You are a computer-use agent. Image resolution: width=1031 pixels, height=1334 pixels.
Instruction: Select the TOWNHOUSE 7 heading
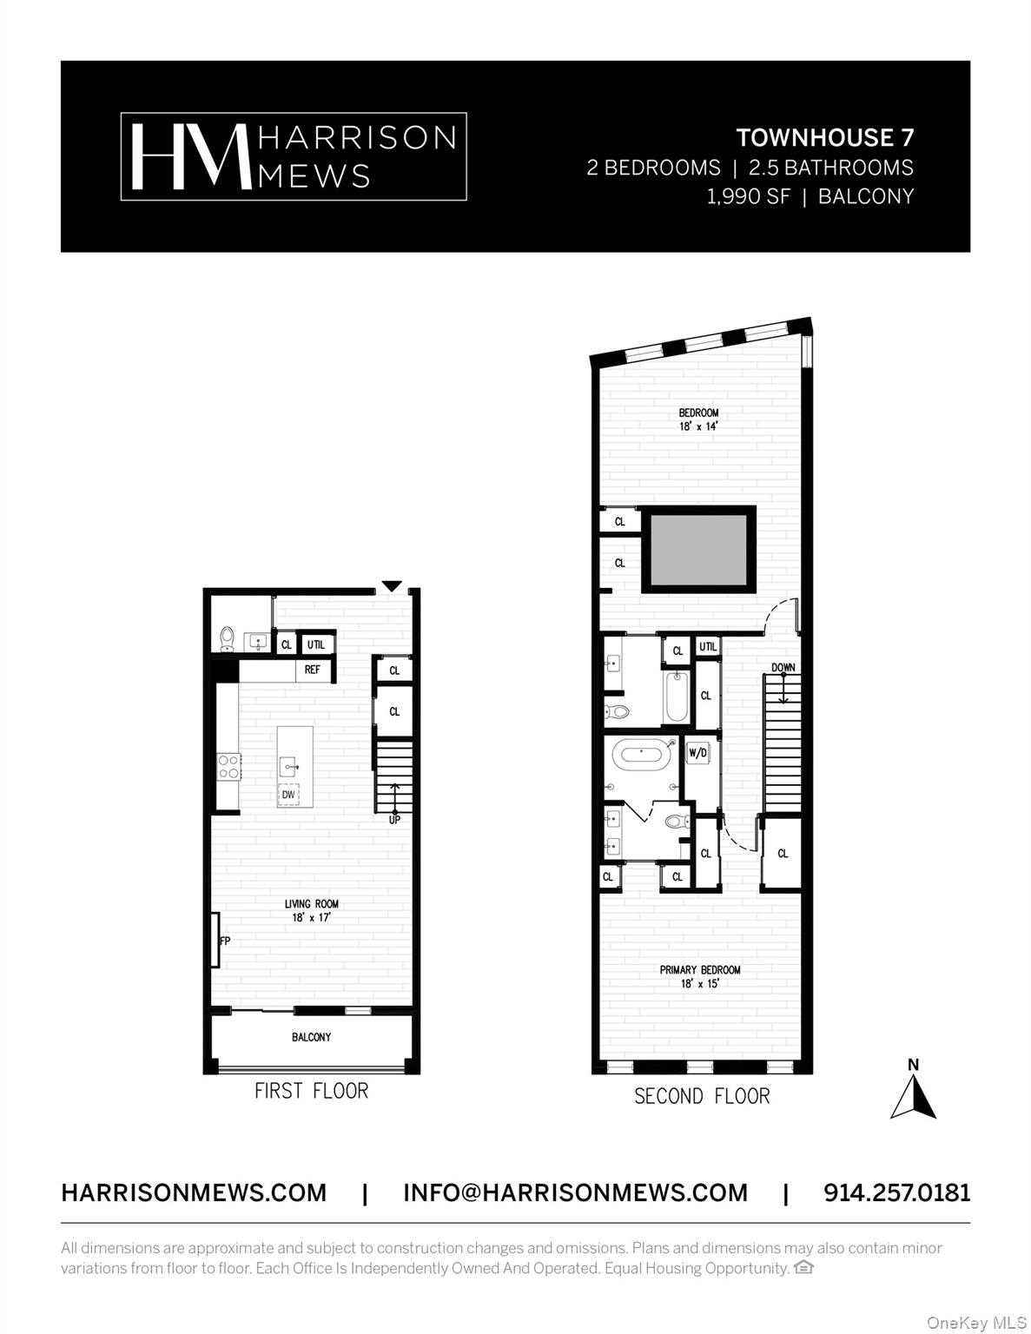(x=824, y=137)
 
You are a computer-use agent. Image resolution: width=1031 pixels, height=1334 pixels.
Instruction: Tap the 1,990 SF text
(x=748, y=196)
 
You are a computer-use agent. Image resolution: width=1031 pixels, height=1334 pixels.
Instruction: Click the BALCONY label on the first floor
(x=311, y=1037)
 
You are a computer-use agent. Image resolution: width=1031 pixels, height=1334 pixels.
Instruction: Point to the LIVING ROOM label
(x=312, y=904)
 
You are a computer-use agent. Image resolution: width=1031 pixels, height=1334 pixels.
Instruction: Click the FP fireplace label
(x=224, y=941)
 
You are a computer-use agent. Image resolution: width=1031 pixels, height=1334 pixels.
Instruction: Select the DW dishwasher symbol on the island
(x=288, y=795)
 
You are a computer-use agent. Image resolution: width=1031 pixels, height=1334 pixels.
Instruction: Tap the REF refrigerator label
(x=312, y=670)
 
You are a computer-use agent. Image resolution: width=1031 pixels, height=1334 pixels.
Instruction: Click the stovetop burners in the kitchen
(x=228, y=766)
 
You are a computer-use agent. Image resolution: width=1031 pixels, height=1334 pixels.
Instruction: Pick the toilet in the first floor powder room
(x=228, y=639)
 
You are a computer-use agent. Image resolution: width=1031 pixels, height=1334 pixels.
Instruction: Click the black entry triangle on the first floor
(x=392, y=586)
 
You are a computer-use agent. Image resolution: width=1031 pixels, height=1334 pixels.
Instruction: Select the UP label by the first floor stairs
(x=394, y=819)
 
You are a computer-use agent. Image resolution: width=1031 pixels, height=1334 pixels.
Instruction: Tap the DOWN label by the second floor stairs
(x=783, y=668)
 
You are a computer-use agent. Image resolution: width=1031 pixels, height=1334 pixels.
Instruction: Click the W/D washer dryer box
(x=697, y=753)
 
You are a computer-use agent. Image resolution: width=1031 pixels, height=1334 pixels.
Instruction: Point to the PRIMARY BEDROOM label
(x=700, y=970)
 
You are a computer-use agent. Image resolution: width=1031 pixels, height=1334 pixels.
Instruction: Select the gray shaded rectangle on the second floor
(x=698, y=549)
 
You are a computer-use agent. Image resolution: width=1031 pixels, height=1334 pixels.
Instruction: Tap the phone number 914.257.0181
(x=896, y=1192)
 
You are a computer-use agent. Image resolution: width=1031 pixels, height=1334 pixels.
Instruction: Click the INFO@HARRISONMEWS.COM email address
(x=575, y=1192)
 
